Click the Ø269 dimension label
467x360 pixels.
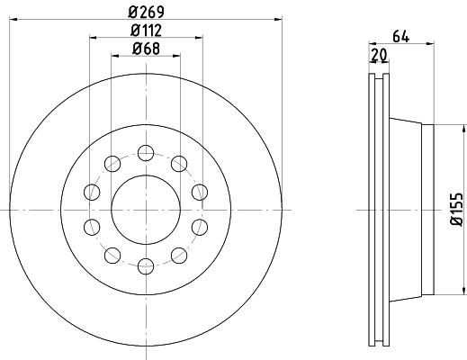click(145, 13)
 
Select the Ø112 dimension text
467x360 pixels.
click(145, 31)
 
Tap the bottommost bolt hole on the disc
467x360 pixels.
click(145, 265)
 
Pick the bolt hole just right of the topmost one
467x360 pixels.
click(178, 163)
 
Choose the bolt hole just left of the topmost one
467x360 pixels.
click(112, 163)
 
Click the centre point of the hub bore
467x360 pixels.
click(145, 209)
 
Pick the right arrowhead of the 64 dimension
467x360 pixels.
click(429, 44)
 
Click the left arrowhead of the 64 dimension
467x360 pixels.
click(373, 44)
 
